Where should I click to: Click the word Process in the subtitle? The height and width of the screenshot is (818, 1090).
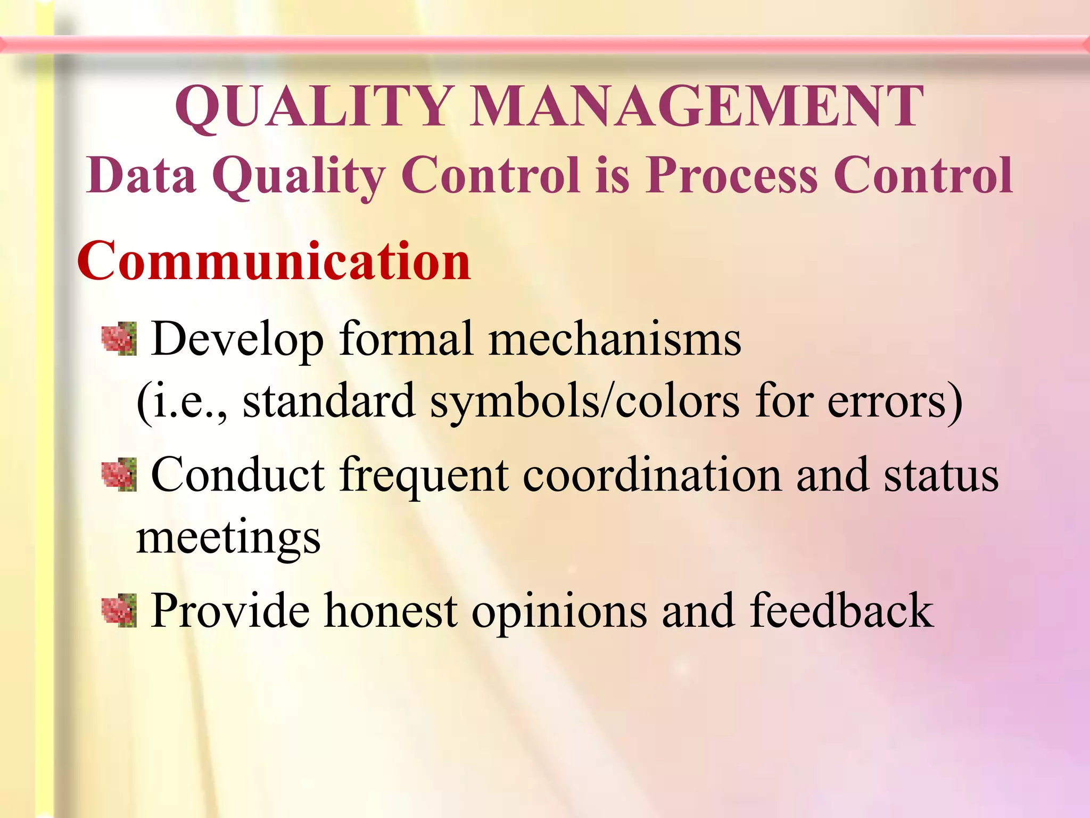(731, 176)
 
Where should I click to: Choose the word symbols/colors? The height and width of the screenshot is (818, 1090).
(584, 402)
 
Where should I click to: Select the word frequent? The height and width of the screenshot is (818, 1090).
(424, 475)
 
